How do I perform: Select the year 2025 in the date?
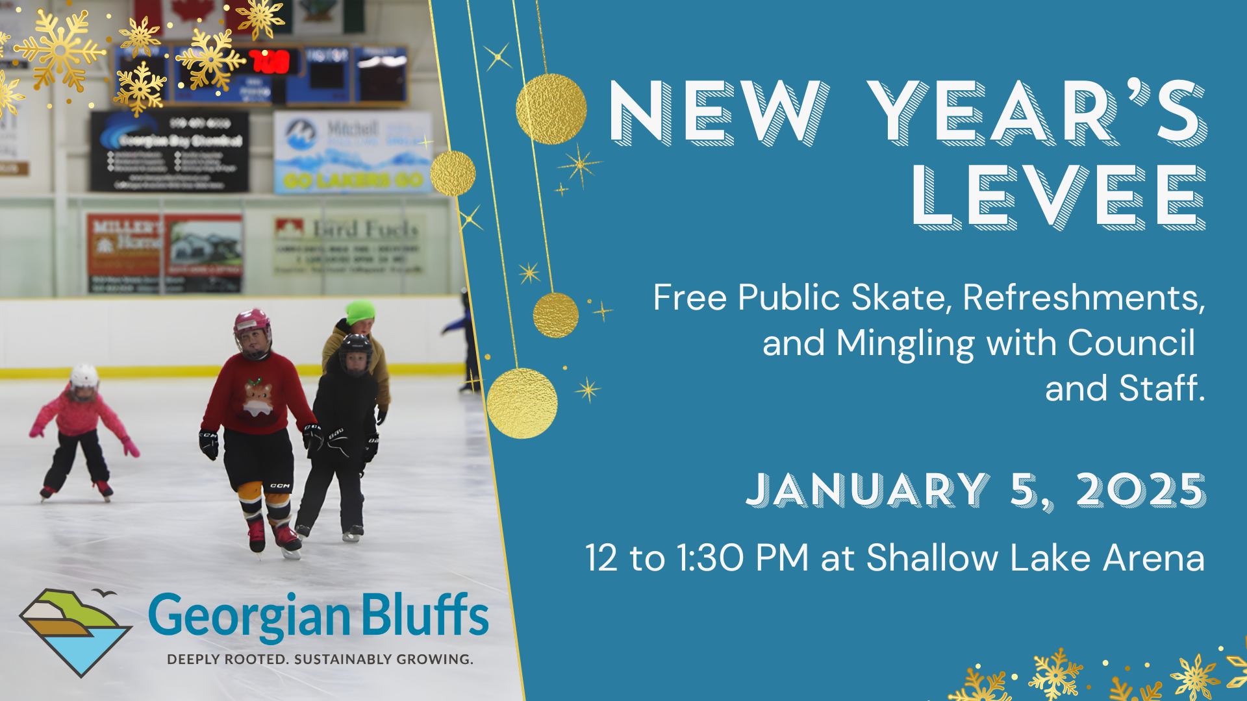[1140, 490]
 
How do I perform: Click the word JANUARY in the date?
[868, 490]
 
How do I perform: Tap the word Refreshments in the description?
[1083, 298]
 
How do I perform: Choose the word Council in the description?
[1131, 343]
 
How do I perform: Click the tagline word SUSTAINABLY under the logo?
[342, 659]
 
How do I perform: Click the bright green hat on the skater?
[360, 311]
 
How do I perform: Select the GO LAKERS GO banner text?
[353, 180]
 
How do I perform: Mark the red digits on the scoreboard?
[270, 62]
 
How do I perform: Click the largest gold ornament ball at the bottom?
[522, 403]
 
